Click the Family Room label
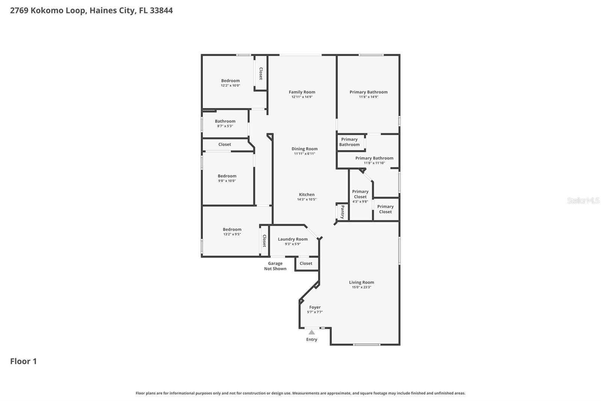point(302,92)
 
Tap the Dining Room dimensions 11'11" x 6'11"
point(304,154)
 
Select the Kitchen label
point(307,195)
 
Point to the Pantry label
point(342,212)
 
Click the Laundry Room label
point(293,239)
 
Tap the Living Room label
point(361,283)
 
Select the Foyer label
point(315,307)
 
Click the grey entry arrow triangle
point(311,332)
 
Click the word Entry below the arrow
point(311,340)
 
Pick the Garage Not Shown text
point(275,266)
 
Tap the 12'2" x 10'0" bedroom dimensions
point(230,86)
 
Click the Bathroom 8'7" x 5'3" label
point(225,122)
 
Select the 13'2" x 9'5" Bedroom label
point(232,229)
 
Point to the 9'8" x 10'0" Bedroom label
point(227,176)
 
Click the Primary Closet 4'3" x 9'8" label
point(360,194)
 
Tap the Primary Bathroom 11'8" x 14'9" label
point(368,92)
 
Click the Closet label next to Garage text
point(306,264)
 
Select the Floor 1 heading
point(23,362)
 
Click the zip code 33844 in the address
point(161,11)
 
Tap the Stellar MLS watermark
point(583,201)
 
